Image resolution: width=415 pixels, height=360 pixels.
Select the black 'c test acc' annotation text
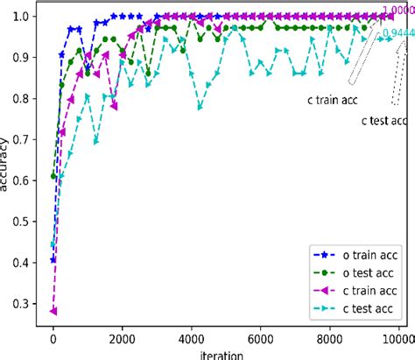[x=385, y=120]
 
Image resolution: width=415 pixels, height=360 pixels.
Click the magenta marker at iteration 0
[x=53, y=310]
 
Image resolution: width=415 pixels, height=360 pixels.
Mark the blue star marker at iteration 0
[x=53, y=259]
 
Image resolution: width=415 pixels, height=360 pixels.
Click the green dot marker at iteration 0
[x=53, y=176]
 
